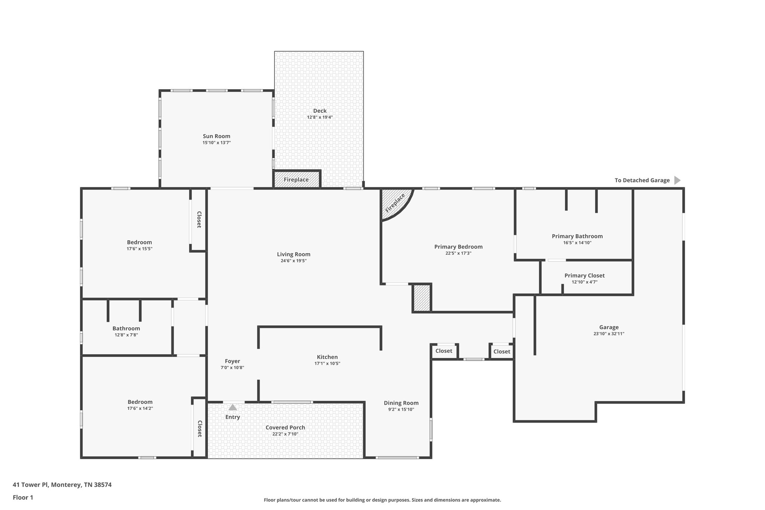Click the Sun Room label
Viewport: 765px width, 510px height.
tap(216, 136)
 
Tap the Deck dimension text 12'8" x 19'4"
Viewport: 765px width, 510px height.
tap(320, 117)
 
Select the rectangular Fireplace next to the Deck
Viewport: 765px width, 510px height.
tap(297, 179)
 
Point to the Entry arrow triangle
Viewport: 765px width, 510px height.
tap(233, 407)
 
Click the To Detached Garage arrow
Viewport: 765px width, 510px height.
tap(677, 180)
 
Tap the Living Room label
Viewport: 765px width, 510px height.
tap(294, 254)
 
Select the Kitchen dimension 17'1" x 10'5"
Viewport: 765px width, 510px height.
tap(327, 364)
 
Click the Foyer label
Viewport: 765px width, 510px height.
tap(232, 361)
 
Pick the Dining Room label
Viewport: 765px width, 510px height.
tap(401, 403)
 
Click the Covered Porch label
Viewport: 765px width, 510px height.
tap(285, 427)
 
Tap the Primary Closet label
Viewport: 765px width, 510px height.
tap(584, 275)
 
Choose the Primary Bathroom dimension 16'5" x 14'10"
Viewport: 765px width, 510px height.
tap(577, 242)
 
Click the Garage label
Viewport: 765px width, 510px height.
tap(609, 327)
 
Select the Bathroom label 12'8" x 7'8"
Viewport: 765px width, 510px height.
tap(126, 328)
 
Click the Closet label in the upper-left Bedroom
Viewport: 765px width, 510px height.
tap(199, 220)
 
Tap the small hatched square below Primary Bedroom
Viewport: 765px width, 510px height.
tap(422, 298)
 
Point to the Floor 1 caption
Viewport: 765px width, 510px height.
tap(23, 497)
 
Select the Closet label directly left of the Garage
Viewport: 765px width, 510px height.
tap(502, 351)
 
